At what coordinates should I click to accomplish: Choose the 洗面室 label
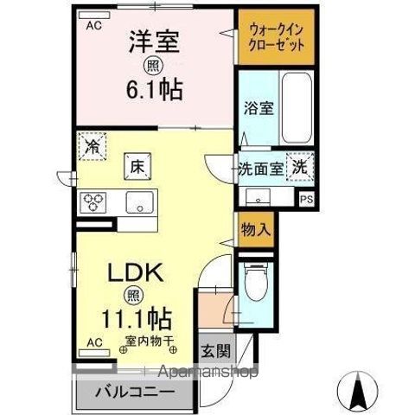point(263,168)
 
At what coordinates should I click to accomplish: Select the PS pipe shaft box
point(305,199)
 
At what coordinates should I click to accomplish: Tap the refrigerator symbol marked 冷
point(93,146)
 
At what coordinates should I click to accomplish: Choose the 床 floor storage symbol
point(137,166)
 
